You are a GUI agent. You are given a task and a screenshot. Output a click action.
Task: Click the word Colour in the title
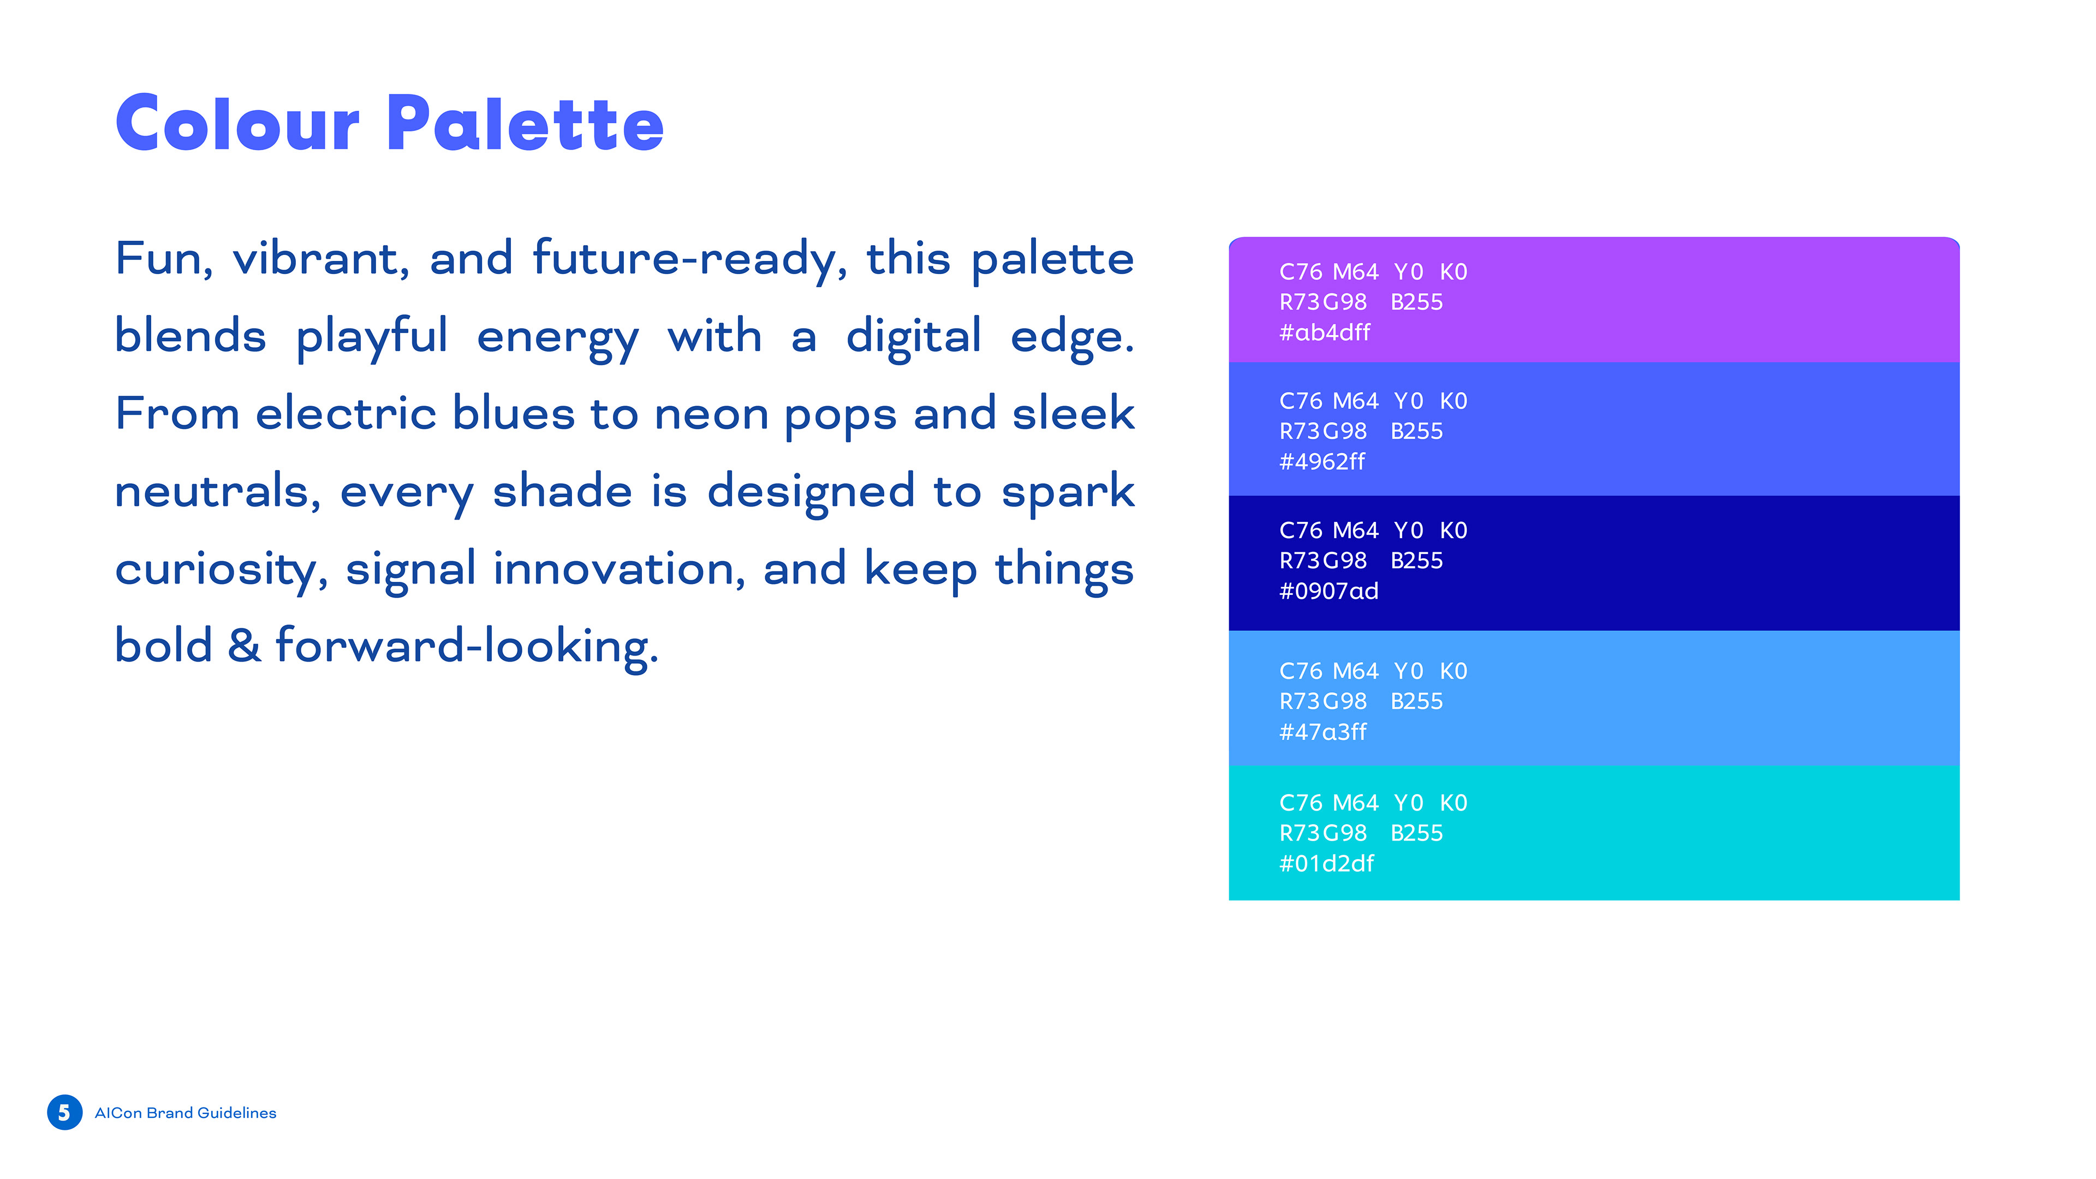(x=237, y=124)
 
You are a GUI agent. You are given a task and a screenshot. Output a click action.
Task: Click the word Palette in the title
(x=525, y=124)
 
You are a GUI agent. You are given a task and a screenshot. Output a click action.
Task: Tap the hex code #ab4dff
(x=1325, y=332)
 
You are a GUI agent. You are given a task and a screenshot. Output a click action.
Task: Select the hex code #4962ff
(x=1322, y=461)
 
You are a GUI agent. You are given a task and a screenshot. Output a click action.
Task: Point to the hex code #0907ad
(x=1329, y=591)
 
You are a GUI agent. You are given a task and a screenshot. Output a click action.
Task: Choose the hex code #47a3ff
(x=1323, y=731)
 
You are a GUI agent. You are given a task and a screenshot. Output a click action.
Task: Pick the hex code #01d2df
(x=1326, y=864)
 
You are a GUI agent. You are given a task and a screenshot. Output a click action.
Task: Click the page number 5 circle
(x=64, y=1112)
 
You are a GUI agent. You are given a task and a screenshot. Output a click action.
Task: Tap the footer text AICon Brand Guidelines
(x=186, y=1112)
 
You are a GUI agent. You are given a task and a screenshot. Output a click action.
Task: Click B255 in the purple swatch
(x=1416, y=302)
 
